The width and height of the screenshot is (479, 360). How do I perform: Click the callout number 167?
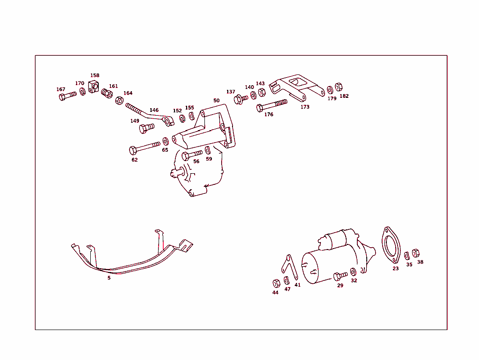[x=61, y=89]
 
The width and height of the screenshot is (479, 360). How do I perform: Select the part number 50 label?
[x=216, y=101]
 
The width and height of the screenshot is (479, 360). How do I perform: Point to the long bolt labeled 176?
[x=272, y=105]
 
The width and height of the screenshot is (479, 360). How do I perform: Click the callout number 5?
[x=109, y=278]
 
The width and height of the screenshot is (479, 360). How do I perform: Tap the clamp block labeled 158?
[x=94, y=86]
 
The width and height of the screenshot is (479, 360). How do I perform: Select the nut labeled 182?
[x=339, y=87]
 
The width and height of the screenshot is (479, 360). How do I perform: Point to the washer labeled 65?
[x=166, y=141]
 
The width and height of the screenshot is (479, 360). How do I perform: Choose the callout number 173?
[x=305, y=107]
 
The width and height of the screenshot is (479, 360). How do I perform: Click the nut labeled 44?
[x=276, y=283]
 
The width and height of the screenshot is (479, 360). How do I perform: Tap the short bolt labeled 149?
[x=146, y=127]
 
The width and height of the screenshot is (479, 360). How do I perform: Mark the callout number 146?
[x=154, y=110]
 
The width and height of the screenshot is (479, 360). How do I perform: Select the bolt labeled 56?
[x=192, y=155]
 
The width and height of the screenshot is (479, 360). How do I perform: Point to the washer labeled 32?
[x=353, y=272]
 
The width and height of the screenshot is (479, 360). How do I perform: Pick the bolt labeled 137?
[x=241, y=99]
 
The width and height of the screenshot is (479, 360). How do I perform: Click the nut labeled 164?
[x=119, y=100]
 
